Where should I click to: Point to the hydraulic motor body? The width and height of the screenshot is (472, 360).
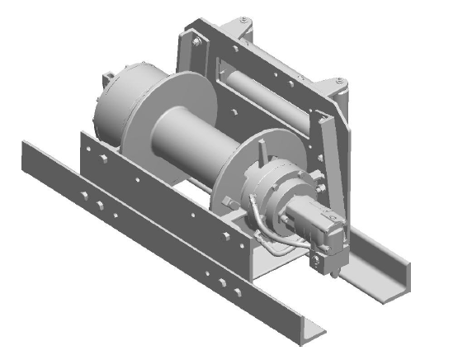309,220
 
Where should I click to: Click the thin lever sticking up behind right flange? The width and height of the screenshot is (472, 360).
262,153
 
